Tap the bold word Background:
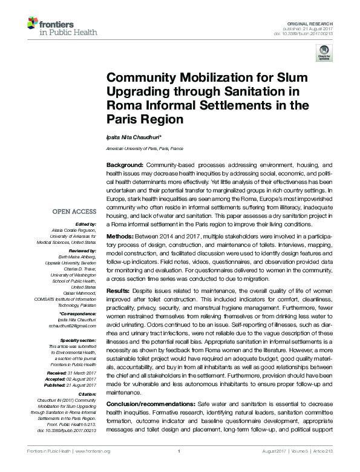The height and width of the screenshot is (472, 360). click(125, 165)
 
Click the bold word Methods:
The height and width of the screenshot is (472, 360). click(120, 236)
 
